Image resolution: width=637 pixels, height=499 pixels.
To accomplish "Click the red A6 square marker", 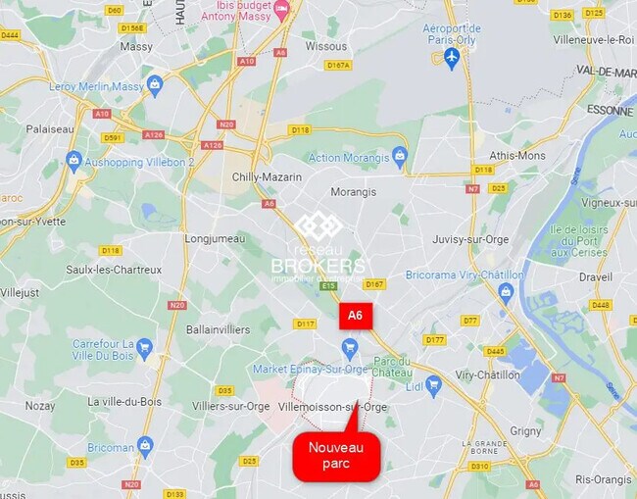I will (x=356, y=316).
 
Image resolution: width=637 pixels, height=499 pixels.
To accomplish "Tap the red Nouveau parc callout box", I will (x=336, y=456).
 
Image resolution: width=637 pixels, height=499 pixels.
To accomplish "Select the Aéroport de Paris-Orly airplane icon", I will (x=451, y=58).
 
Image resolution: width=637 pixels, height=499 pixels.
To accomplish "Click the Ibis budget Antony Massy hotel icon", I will (x=282, y=9).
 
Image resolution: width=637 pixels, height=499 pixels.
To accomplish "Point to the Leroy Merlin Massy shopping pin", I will (x=154, y=86).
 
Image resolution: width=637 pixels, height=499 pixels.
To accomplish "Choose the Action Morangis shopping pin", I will (x=399, y=156).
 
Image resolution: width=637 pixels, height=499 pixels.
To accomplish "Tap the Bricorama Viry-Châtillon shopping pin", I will (x=506, y=291).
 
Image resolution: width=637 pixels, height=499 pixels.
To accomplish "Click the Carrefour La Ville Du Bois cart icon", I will (x=144, y=347).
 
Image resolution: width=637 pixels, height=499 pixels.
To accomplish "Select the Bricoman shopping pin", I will (x=145, y=446).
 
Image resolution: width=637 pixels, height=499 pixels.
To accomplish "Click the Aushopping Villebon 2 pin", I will (x=73, y=159).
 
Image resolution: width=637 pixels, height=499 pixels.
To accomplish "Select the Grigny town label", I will (x=525, y=430).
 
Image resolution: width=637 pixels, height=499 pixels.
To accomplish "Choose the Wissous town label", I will (x=325, y=45).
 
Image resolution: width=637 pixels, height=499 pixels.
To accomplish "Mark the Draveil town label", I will (x=595, y=276).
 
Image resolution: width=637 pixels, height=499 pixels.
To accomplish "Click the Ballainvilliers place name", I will (x=219, y=329).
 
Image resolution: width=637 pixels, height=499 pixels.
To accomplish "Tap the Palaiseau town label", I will (x=50, y=128).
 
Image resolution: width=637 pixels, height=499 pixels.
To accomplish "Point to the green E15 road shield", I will (x=328, y=286).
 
